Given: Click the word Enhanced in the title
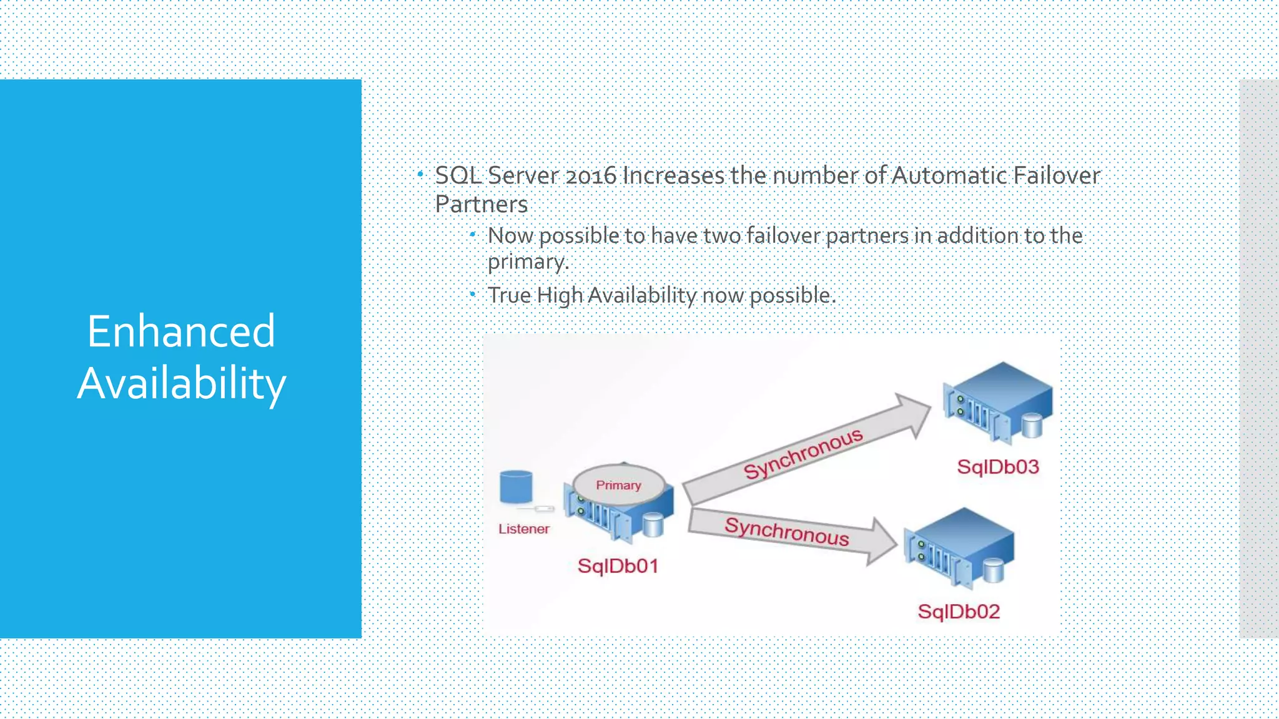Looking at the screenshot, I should (x=181, y=331).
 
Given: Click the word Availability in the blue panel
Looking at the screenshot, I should (x=181, y=383).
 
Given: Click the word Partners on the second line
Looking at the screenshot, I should (x=481, y=204).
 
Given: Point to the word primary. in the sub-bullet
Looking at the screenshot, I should (x=528, y=262).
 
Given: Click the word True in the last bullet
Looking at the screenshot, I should (x=509, y=295).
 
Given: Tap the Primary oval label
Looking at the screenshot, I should (x=618, y=485).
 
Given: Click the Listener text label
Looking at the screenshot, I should (x=523, y=529).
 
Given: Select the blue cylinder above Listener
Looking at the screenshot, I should (x=516, y=487).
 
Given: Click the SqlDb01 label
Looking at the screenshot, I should (x=618, y=566).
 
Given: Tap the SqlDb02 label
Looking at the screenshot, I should (x=959, y=611).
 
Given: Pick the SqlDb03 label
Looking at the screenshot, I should (x=998, y=467).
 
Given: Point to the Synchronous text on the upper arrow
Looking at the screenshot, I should (x=803, y=454).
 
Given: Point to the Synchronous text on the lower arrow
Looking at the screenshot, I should (x=786, y=531).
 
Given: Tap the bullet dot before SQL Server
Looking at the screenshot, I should (x=420, y=174).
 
